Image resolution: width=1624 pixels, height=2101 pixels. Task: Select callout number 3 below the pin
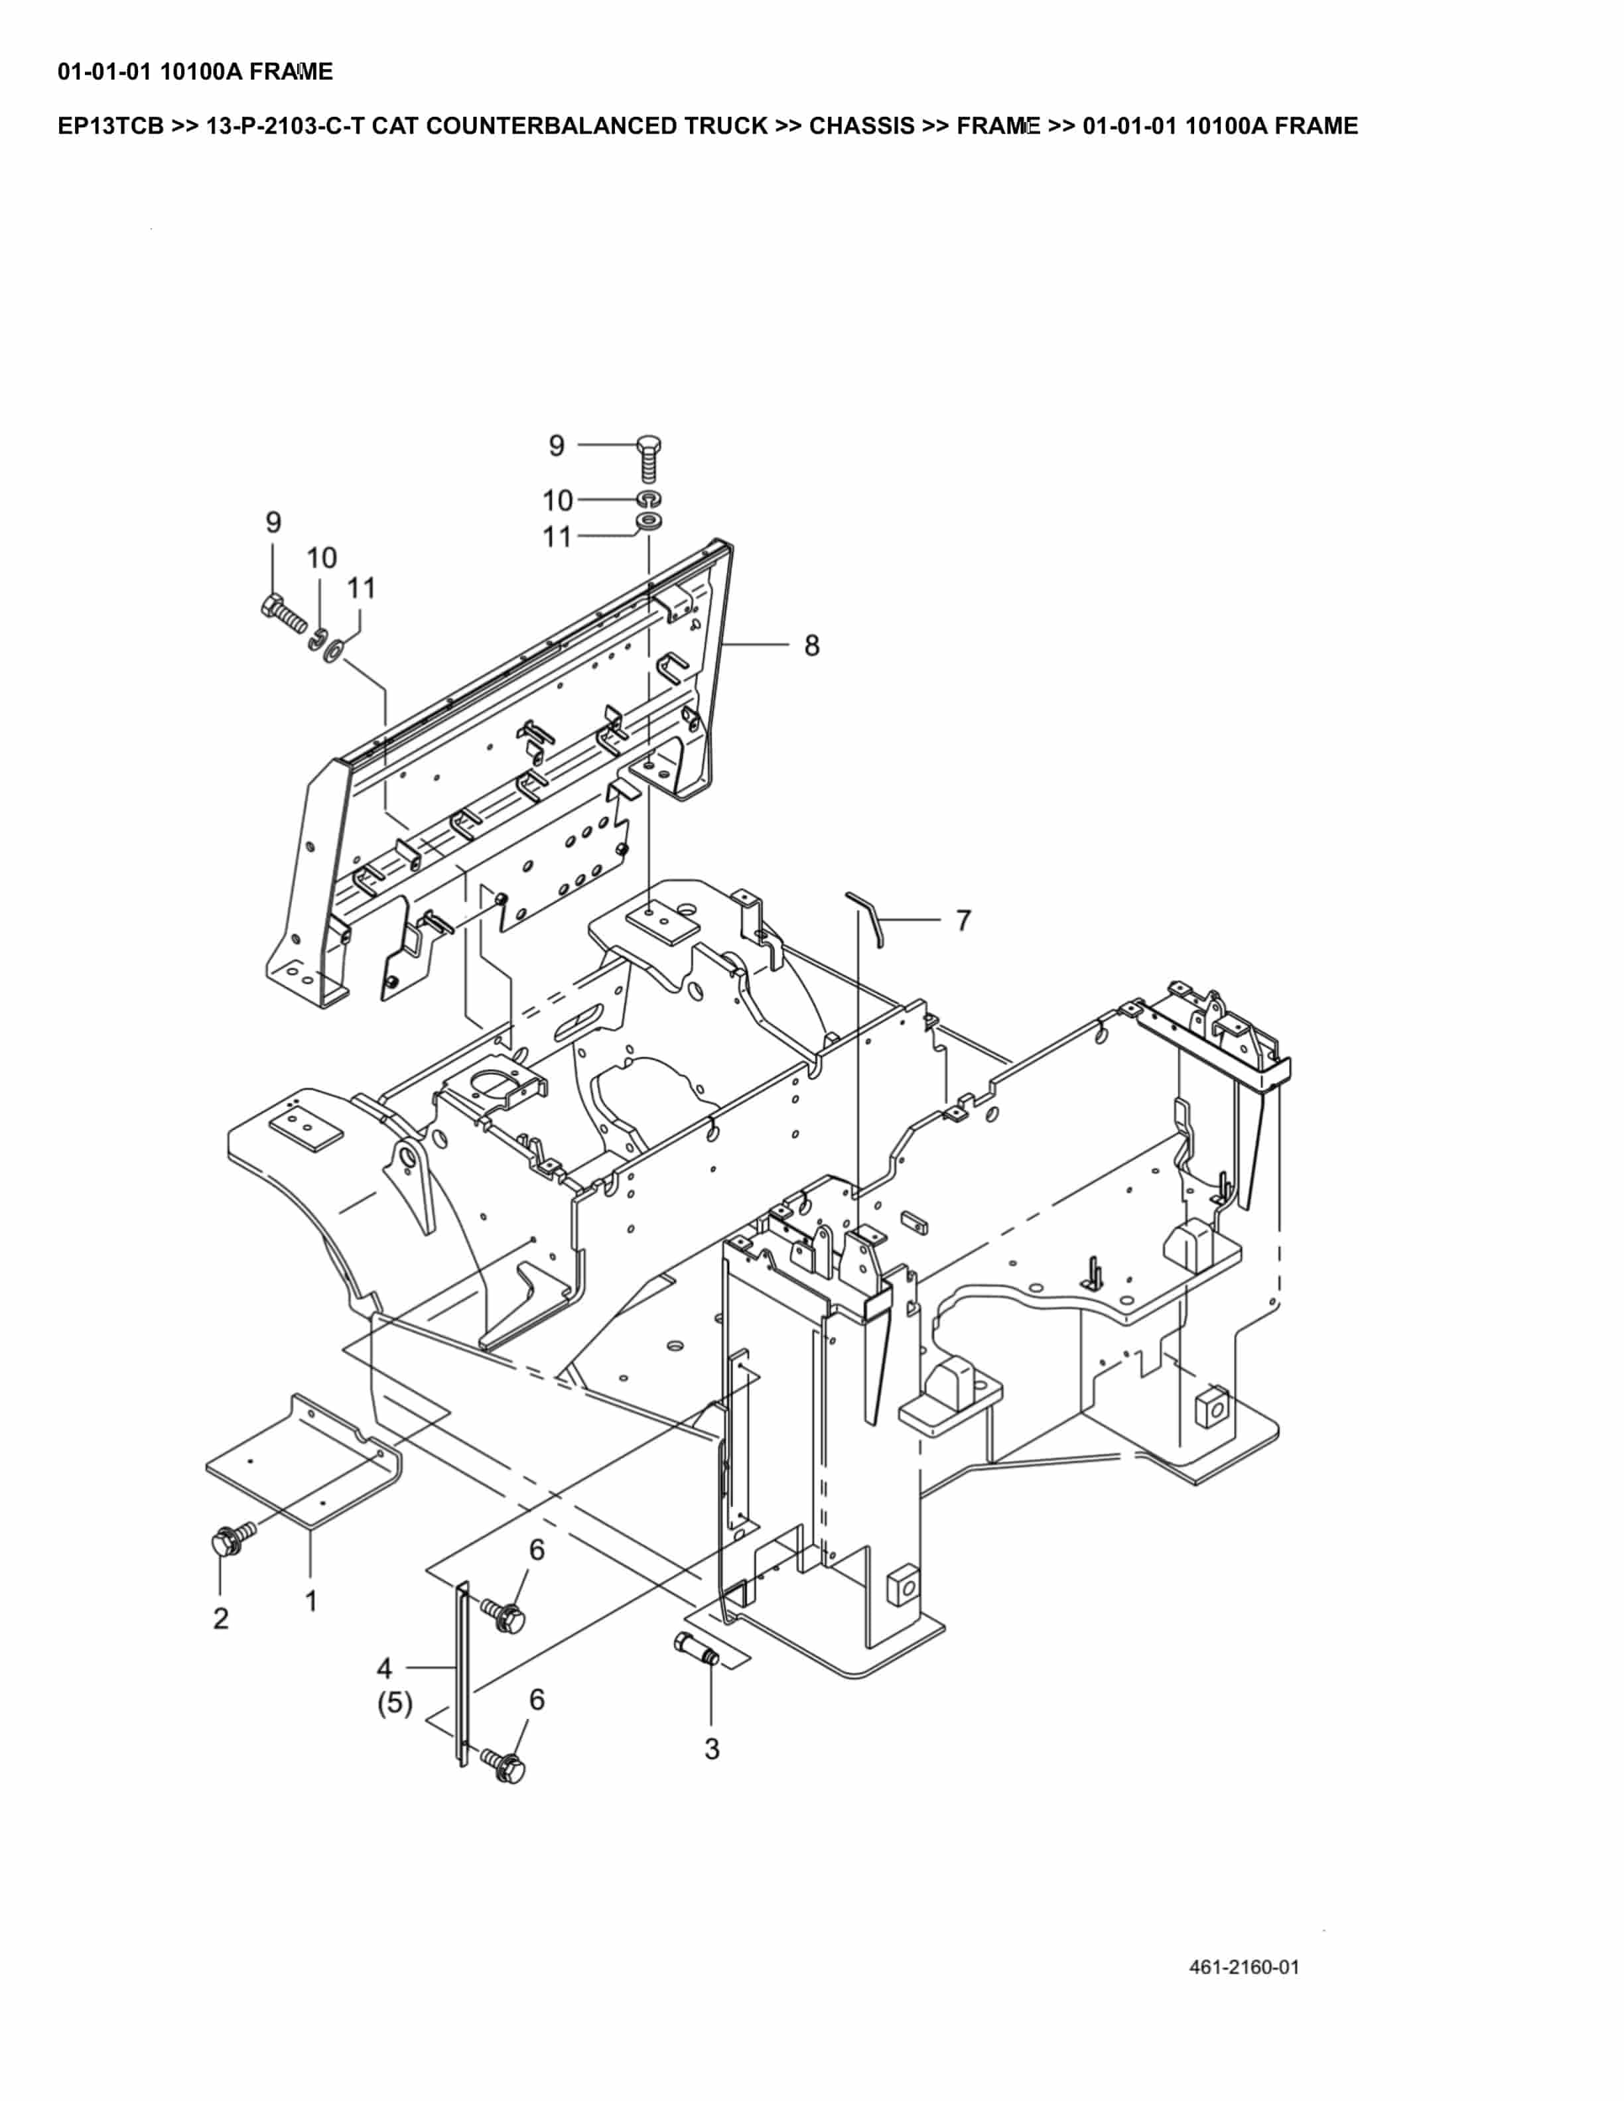711,1749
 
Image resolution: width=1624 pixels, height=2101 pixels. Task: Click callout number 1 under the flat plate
310,1601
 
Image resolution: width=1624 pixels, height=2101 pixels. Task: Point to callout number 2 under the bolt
222,1618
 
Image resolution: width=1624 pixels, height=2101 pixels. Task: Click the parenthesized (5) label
395,1704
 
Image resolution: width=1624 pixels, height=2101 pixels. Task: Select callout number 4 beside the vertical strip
384,1667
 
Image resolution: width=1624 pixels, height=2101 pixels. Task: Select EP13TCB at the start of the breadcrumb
111,126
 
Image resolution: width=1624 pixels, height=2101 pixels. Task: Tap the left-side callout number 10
321,558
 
